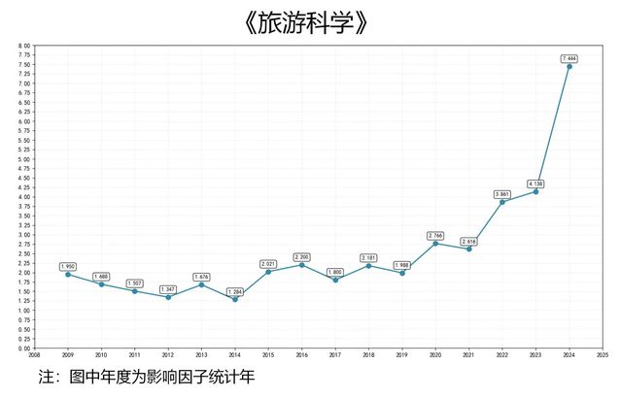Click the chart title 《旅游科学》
pyautogui.click(x=309, y=22)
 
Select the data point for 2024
pyautogui.click(x=568, y=66)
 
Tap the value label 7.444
pyautogui.click(x=568, y=58)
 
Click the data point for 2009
pyautogui.click(x=67, y=274)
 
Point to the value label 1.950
pyautogui.click(x=67, y=266)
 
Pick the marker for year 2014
pyautogui.click(x=234, y=299)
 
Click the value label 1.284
pyautogui.click(x=234, y=291)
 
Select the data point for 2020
pyautogui.click(x=435, y=244)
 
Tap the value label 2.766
pyautogui.click(x=435, y=235)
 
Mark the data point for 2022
pyautogui.click(x=501, y=202)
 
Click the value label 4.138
pyautogui.click(x=535, y=183)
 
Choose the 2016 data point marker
pyautogui.click(x=301, y=265)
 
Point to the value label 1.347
pyautogui.click(x=168, y=289)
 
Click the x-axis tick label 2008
pyautogui.click(x=34, y=355)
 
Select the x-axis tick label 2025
pyautogui.click(x=603, y=355)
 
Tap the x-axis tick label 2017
pyautogui.click(x=335, y=355)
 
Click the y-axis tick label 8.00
pyautogui.click(x=24, y=46)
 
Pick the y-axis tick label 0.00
pyautogui.click(x=24, y=348)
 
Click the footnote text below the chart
pyautogui.click(x=146, y=376)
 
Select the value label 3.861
pyautogui.click(x=501, y=194)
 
